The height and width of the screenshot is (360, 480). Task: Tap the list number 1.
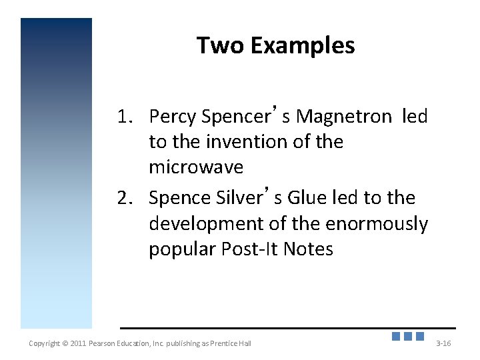[125, 117]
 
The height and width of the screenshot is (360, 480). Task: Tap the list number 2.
[125, 198]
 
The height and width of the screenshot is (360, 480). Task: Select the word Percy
[173, 117]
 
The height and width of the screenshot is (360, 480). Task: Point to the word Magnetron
[344, 117]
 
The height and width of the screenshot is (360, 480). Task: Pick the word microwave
[196, 167]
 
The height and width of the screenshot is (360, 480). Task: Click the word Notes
[308, 249]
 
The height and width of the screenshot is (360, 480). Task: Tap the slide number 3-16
[443, 343]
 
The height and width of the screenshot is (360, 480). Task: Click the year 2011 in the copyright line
[79, 343]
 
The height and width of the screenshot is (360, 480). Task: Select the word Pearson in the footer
[105, 343]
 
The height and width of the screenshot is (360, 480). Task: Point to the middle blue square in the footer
[408, 337]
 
